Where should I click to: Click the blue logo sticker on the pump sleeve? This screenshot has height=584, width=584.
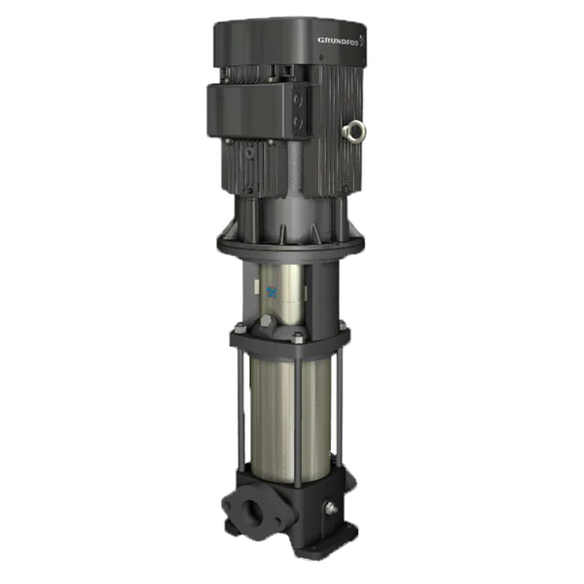coord(272,291)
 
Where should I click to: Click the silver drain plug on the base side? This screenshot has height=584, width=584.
coord(332,507)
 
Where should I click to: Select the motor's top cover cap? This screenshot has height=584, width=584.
coord(292,44)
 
